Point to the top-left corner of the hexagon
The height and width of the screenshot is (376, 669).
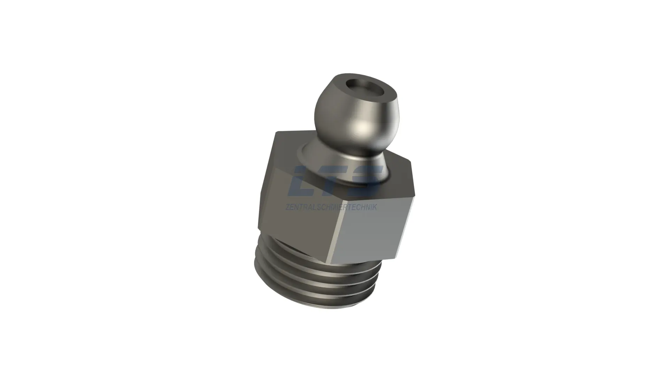tap(276, 132)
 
